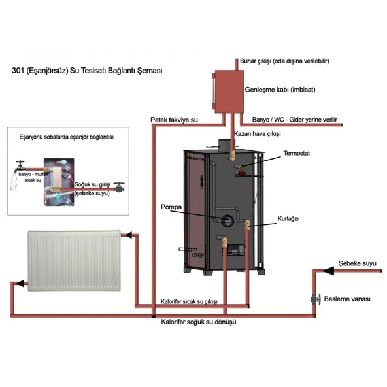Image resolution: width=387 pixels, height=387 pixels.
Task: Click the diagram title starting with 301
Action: (86, 70)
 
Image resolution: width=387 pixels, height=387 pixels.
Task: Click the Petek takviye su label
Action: (174, 120)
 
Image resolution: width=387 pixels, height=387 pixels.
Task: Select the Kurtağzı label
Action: (288, 219)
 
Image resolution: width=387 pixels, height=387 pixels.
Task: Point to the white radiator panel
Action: (74, 262)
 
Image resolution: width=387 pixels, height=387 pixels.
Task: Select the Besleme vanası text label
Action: (347, 299)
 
